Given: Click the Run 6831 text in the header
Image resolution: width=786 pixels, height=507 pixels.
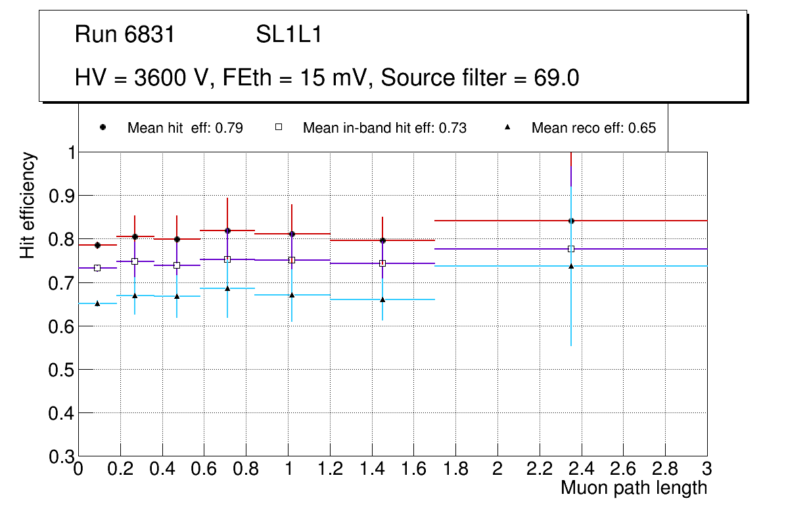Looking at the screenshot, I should [x=125, y=34].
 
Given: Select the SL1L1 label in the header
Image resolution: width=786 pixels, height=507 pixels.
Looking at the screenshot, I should [x=289, y=34].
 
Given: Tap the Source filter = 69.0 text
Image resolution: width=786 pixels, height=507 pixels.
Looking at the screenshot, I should [x=480, y=77].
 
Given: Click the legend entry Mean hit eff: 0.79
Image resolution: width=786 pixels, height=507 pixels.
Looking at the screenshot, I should [x=185, y=128].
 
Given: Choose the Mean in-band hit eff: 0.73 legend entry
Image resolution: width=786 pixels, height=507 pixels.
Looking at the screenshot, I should [x=384, y=128].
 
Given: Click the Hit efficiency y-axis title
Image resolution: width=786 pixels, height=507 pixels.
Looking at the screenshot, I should [x=28, y=205].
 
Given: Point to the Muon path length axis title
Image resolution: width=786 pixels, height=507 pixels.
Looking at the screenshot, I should [x=634, y=487].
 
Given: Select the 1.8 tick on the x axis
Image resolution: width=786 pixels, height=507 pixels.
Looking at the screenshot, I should [x=455, y=469].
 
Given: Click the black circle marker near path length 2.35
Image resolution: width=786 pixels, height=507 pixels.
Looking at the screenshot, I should [x=571, y=221].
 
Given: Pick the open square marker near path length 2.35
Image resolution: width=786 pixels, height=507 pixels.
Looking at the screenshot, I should [x=571, y=249].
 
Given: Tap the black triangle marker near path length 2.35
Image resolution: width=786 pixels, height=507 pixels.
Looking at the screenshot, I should [x=571, y=266].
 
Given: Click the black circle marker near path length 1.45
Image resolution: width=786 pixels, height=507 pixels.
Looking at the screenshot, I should [x=382, y=240].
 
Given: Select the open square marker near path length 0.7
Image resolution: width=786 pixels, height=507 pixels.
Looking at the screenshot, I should [x=227, y=259].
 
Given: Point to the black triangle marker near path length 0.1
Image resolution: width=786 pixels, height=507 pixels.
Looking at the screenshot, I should [x=97, y=303].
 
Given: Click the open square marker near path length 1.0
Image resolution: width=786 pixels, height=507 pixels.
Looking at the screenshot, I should [x=292, y=260].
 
